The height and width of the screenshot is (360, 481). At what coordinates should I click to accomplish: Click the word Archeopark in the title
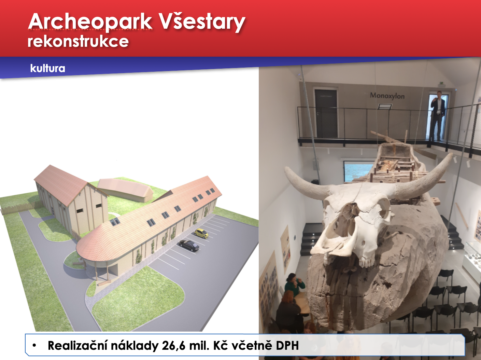coord(90,22)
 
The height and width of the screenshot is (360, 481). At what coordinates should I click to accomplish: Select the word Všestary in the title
coord(202,22)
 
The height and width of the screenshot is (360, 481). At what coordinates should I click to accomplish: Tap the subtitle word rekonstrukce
coord(78,41)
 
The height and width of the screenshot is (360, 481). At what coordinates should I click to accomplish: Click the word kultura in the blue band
coord(47,68)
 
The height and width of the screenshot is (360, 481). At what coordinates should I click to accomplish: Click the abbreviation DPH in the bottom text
coord(287,346)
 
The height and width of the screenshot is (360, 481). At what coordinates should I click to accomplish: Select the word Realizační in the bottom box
coord(77,345)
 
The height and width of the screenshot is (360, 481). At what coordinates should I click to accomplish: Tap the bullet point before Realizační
coord(34,346)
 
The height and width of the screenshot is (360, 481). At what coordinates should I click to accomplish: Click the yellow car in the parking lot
coord(201,233)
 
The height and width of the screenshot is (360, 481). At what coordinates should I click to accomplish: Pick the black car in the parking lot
coord(189,246)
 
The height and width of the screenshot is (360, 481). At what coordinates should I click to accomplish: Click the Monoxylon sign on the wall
coord(387,96)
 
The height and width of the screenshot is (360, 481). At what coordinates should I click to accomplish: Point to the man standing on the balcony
coord(437,115)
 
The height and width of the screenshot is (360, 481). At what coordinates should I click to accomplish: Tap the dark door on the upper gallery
coord(326,113)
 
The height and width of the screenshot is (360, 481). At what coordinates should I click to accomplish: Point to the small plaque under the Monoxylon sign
coord(385,107)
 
